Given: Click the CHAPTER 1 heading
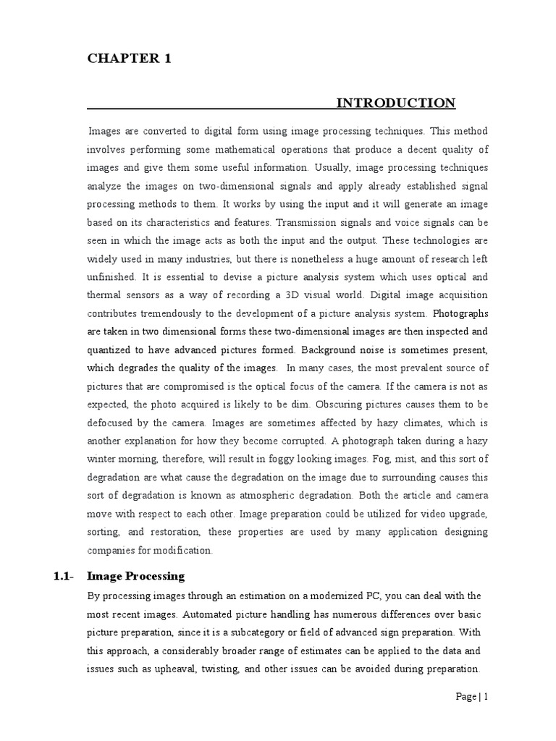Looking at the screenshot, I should tap(130, 59).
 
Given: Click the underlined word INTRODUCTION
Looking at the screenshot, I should tap(396, 103).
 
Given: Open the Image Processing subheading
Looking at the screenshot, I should tap(135, 577).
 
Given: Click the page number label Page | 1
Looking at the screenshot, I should tap(472, 696).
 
